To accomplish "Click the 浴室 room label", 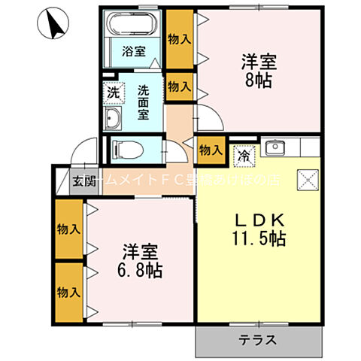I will click(x=135, y=52).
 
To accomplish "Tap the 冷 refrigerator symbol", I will click(x=244, y=156).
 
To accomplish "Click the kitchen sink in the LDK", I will click(x=273, y=147).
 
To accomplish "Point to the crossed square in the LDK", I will click(x=307, y=180).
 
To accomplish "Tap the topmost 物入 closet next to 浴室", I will click(x=179, y=39).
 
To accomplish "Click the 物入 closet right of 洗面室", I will click(x=179, y=86).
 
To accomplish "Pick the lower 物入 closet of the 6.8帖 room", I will click(x=69, y=290).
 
